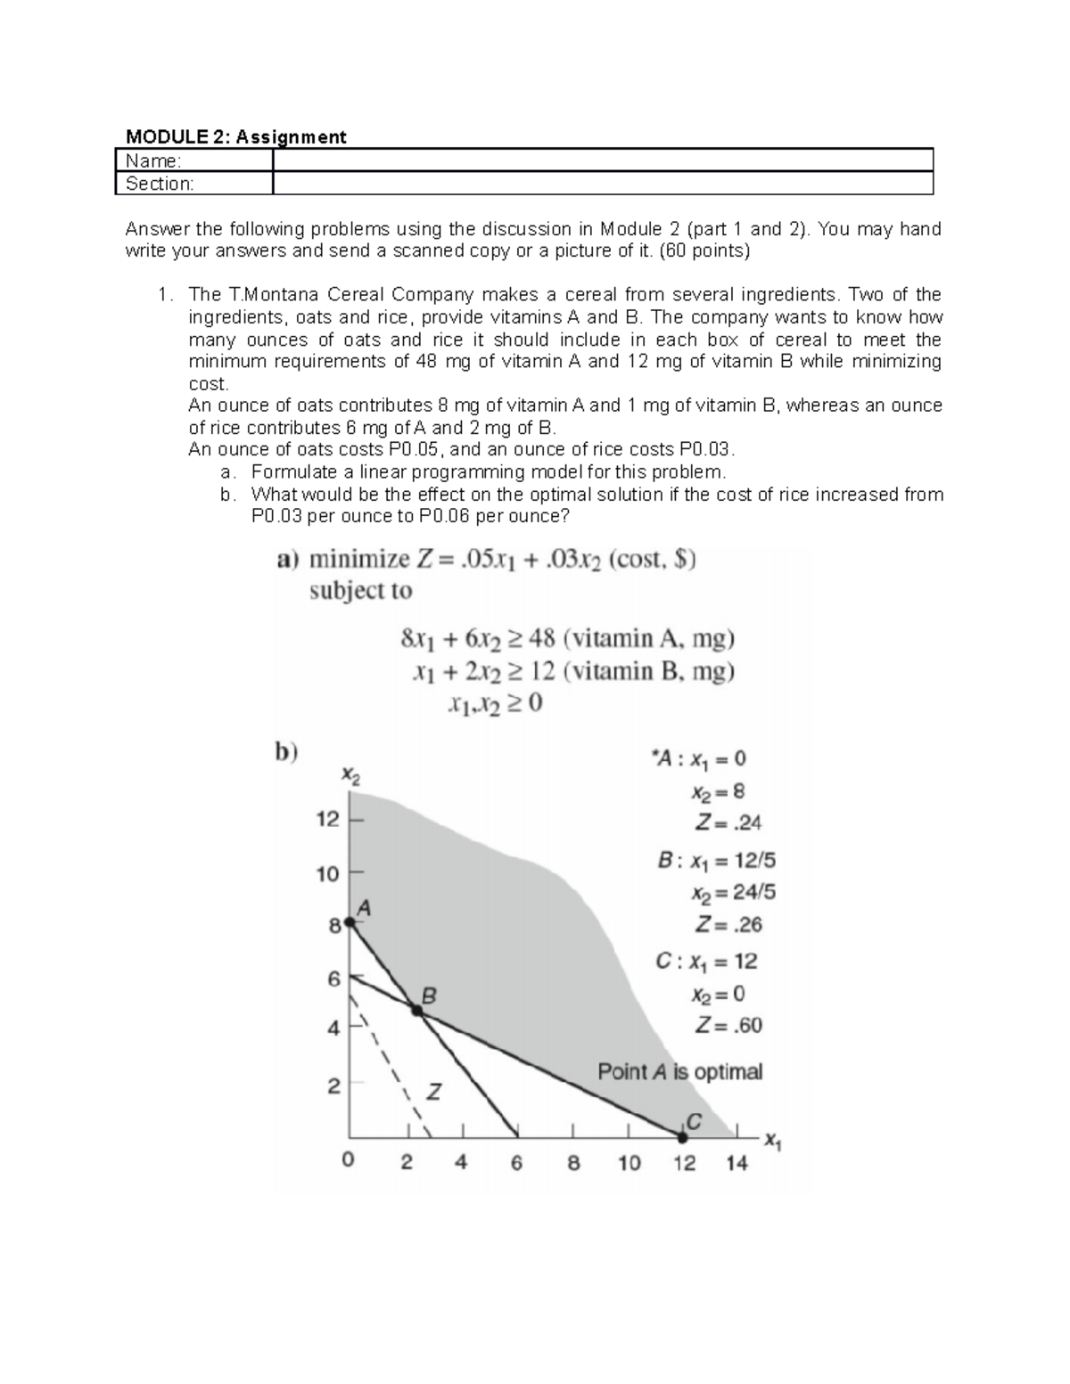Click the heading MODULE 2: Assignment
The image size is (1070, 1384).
(x=235, y=136)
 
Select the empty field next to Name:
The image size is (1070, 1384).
(x=602, y=160)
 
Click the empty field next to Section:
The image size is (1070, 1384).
(x=602, y=184)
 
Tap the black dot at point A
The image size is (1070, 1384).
(x=349, y=923)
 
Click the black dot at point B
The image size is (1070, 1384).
(x=416, y=1009)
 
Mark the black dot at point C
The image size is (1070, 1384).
(x=683, y=1137)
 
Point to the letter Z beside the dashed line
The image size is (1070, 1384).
(x=433, y=1091)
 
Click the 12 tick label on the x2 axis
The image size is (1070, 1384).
(x=327, y=819)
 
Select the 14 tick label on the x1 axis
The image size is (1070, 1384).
(x=737, y=1163)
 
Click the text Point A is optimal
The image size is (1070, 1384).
(x=679, y=1071)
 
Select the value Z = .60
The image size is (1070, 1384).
(x=728, y=1026)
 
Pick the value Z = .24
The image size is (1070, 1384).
(x=728, y=823)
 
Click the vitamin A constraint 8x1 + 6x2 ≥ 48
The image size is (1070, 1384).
(x=567, y=639)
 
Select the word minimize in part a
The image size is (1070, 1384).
(x=358, y=560)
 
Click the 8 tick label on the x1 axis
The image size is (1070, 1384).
(x=572, y=1163)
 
